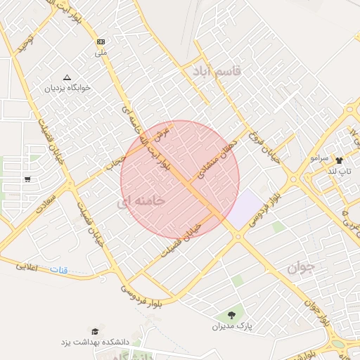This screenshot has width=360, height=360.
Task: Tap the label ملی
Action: [102, 52]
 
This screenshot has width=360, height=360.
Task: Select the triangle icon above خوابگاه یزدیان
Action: [67, 77]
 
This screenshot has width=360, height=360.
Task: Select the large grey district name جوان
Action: [303, 268]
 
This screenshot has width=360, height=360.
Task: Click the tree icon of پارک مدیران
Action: [231, 315]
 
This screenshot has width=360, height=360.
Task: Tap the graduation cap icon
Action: [94, 331]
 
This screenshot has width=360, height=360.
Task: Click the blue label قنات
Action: [58, 269]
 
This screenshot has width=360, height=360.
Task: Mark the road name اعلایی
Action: [26, 266]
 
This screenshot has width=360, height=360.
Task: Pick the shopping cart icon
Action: [27, 179]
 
